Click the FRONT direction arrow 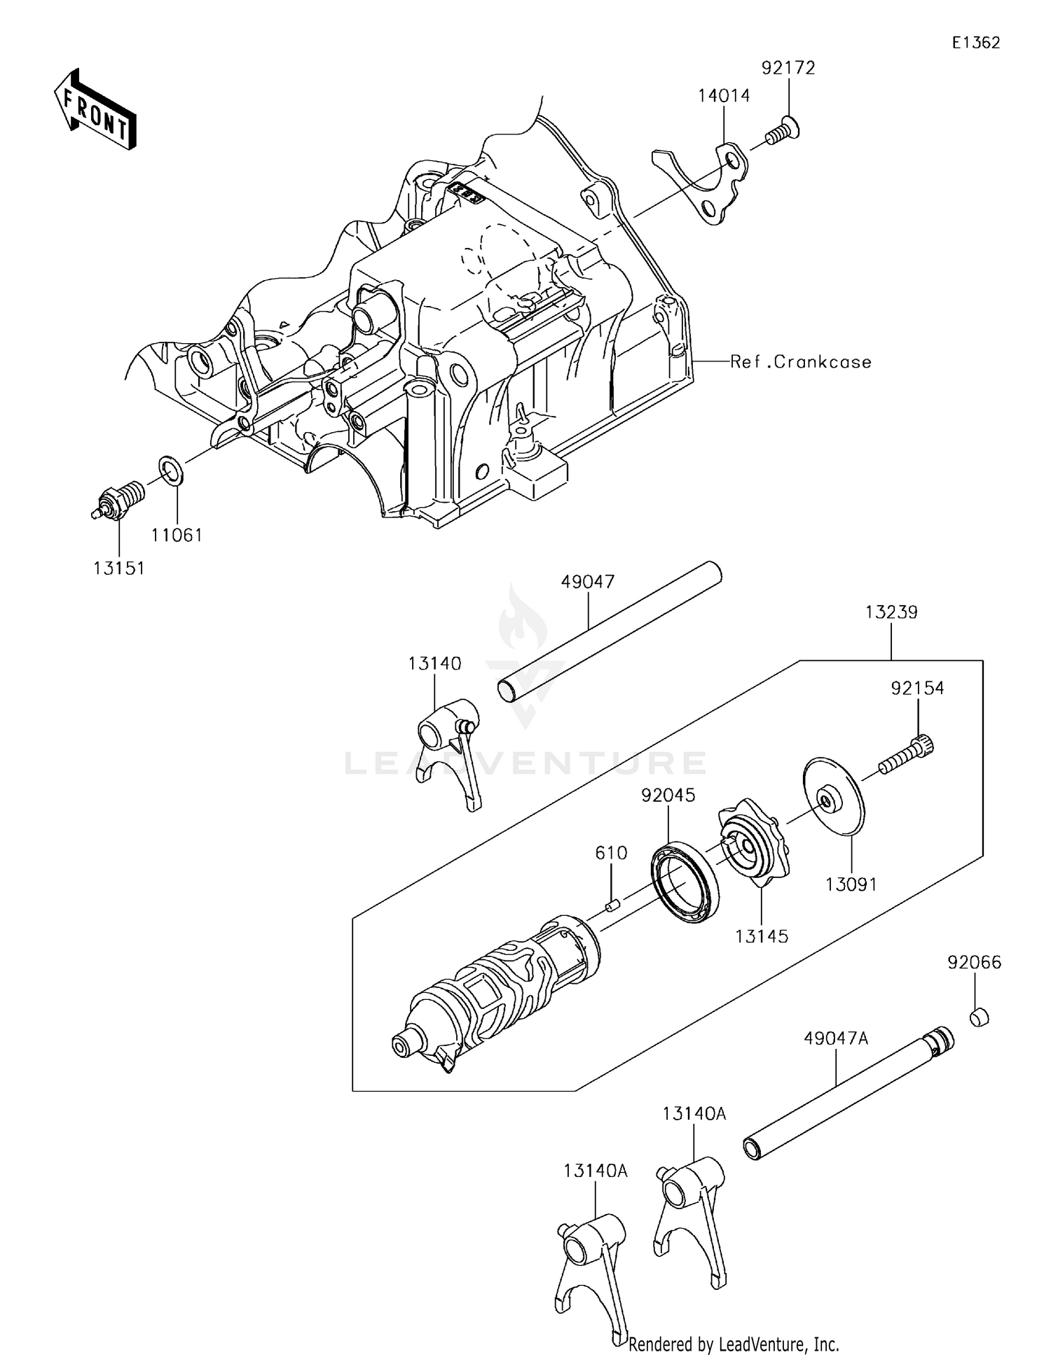[95, 111]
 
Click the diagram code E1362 [975, 43]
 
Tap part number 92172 [788, 68]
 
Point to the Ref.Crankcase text [801, 362]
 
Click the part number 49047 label [588, 582]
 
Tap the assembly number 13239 [891, 612]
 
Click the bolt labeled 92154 [907, 755]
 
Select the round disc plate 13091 [832, 796]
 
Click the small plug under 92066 [979, 1017]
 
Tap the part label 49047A [835, 1038]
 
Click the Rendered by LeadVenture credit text [733, 1344]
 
